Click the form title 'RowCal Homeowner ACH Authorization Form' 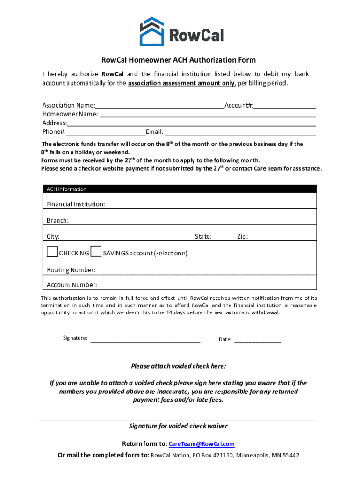[179, 60]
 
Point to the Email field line [240, 132]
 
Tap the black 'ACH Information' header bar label [66, 189]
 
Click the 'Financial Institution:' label [76, 204]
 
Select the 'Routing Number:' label [71, 270]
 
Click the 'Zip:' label [242, 237]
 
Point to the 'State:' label [203, 237]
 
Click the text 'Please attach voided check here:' [179, 366]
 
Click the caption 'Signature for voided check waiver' [178, 426]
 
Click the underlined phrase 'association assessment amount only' [181, 83]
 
